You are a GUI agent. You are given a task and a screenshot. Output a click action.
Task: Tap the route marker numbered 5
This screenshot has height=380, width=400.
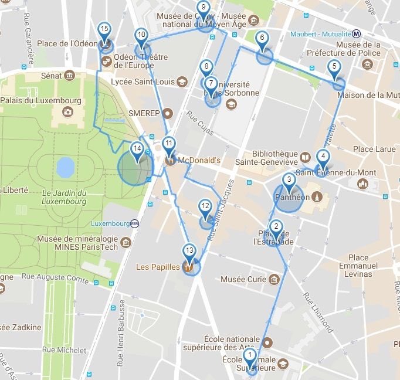click(334, 67)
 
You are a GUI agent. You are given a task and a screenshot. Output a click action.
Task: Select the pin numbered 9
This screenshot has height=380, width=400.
click(204, 8)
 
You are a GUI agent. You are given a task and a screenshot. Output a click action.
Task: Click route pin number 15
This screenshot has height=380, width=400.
click(104, 29)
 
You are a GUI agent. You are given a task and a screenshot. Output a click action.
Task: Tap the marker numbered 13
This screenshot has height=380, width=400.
click(188, 251)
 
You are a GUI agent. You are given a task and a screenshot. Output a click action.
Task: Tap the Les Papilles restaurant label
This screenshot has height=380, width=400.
click(158, 267)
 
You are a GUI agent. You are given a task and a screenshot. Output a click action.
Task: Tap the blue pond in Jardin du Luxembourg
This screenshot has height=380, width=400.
click(65, 167)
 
